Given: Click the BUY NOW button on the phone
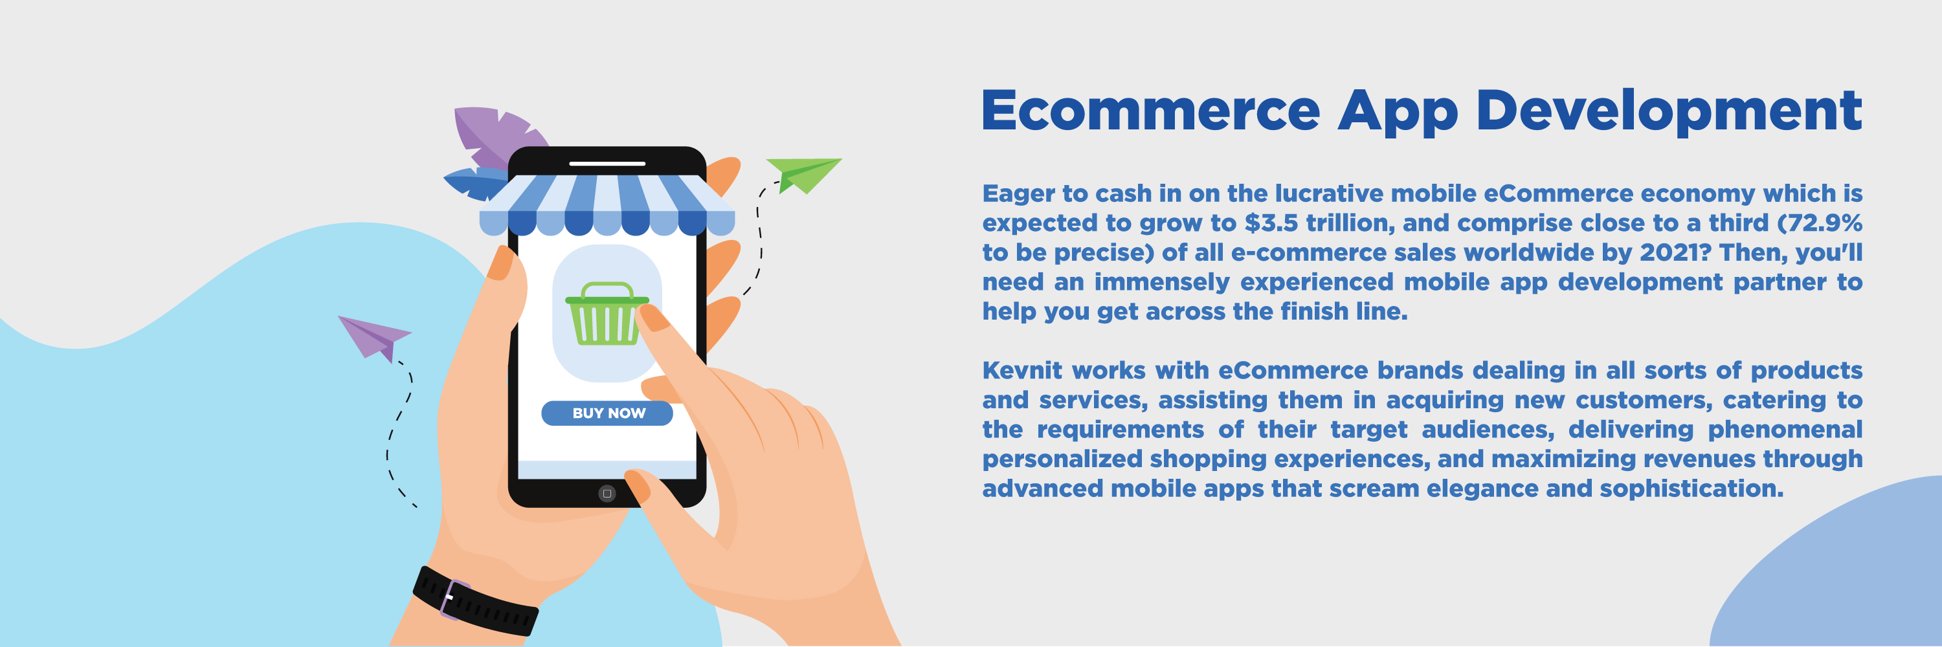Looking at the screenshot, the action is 607,413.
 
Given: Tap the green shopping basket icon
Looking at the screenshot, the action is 606,313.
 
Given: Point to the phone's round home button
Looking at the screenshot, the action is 607,494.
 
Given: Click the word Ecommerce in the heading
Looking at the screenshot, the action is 1150,110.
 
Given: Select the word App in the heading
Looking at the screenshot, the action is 1398,113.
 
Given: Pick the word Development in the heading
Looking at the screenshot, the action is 1669,113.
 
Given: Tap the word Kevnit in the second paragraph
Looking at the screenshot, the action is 1022,371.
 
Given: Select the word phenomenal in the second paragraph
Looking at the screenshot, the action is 1785,430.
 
